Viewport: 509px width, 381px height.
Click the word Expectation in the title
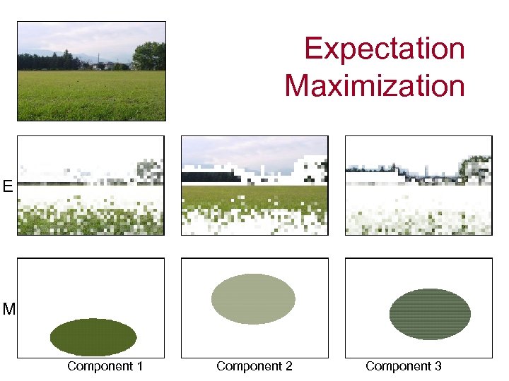pos(385,49)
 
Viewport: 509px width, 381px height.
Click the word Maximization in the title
pos(375,86)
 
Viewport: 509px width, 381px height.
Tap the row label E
pos(7,186)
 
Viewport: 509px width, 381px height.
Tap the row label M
pos(8,309)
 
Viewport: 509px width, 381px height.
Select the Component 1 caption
pos(105,366)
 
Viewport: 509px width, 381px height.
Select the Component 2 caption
pos(254,366)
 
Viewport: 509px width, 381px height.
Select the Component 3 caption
pos(403,366)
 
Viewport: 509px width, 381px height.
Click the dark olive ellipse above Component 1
pos(93,337)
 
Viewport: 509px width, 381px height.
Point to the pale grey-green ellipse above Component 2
pos(253,299)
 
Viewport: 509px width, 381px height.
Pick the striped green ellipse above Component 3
pos(430,314)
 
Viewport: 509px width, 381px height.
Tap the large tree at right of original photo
pos(149,56)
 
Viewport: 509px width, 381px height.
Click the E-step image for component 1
pos(90,186)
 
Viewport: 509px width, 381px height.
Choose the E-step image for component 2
pos(255,186)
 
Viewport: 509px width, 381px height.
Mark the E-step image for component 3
pos(418,186)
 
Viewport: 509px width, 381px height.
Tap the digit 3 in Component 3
pos(438,366)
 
